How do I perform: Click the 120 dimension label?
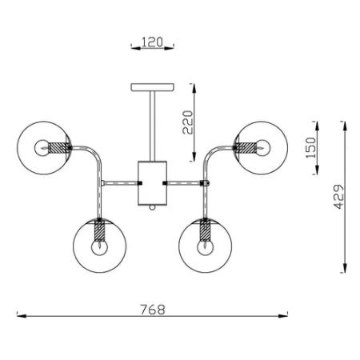click(152, 42)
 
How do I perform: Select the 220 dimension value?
click(188, 122)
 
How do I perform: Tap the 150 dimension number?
click(310, 148)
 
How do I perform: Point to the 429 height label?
click(339, 197)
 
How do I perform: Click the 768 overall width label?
click(153, 310)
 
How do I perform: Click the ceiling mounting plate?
click(152, 87)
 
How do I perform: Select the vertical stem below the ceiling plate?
click(152, 126)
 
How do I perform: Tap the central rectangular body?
click(152, 183)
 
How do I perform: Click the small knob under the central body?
click(152, 207)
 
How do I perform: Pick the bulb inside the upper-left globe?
click(42, 148)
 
